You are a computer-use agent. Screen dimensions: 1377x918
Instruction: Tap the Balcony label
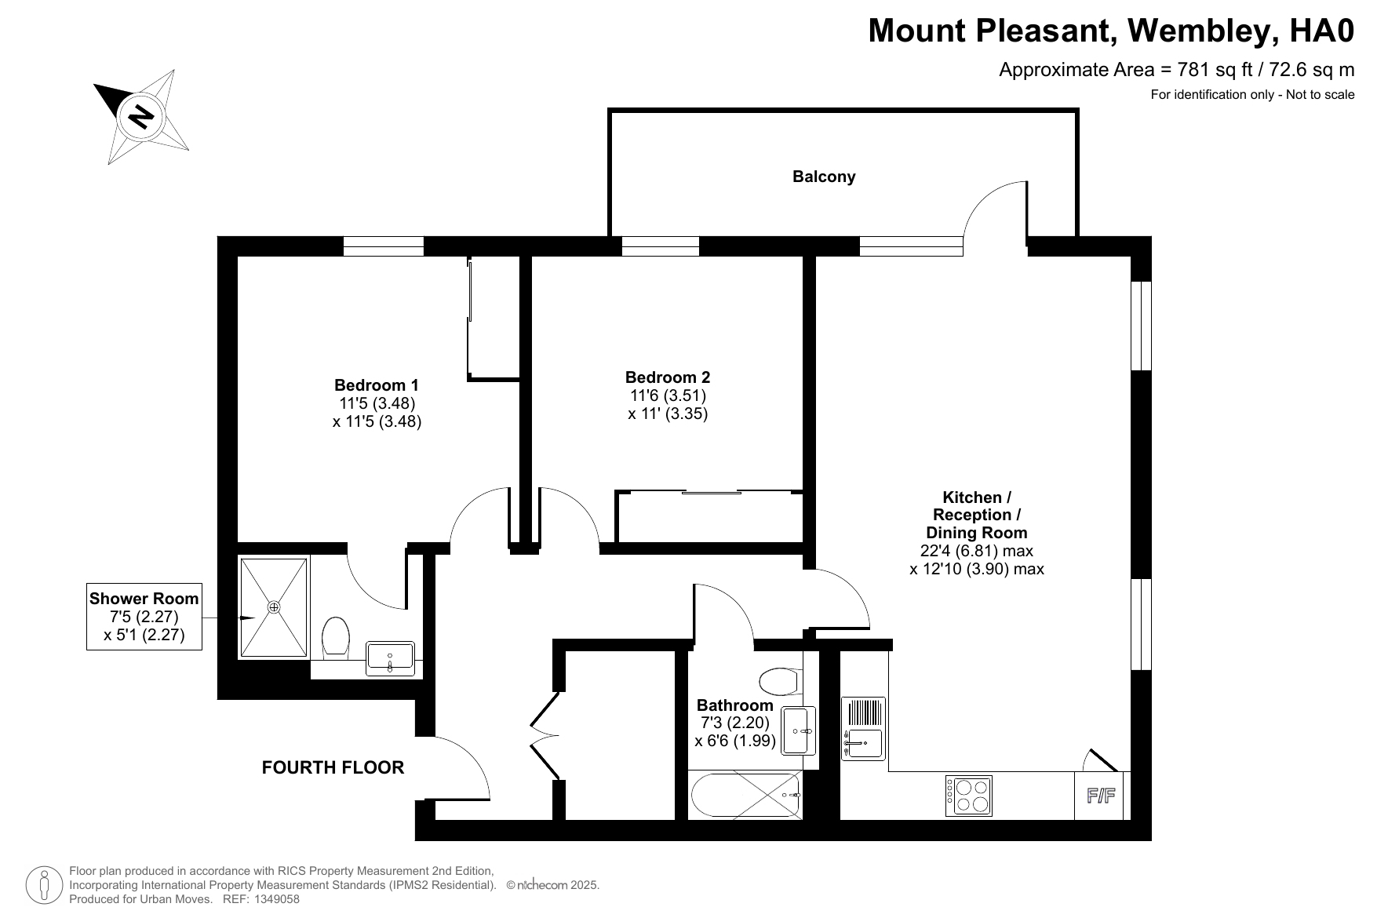point(824,177)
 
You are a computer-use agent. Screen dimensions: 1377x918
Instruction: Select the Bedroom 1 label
point(377,385)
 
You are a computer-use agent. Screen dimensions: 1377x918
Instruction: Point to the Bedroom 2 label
point(668,377)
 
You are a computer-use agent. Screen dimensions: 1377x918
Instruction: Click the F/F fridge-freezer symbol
point(1101,796)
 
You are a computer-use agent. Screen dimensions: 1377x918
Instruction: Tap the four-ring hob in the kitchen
point(969,795)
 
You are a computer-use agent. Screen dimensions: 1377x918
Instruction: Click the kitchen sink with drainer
point(864,728)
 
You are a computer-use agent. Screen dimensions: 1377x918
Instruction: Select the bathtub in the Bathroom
point(745,795)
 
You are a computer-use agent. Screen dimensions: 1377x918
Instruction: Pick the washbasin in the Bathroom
point(800,730)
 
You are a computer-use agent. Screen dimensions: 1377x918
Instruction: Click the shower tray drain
point(274,607)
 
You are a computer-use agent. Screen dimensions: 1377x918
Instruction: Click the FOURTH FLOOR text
point(333,767)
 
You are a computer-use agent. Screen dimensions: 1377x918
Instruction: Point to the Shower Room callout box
point(144,617)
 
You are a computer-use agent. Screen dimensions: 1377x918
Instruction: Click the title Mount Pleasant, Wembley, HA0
point(1111,31)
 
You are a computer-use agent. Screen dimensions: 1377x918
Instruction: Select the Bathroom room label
point(735,705)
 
